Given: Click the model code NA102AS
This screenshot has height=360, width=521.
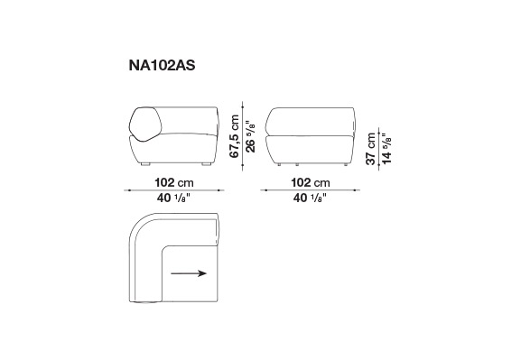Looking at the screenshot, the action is point(162,66).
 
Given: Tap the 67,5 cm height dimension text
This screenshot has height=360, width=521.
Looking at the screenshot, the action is point(235,136).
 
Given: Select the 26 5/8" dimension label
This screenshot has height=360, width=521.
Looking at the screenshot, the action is point(250,137).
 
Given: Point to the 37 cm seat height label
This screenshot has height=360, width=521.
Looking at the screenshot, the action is point(370,149).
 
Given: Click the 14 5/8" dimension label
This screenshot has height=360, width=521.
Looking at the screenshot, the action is point(386,149).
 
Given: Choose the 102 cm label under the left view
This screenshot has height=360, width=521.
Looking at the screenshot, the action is point(174,182).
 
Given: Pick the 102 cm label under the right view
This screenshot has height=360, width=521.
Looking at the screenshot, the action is point(311,182).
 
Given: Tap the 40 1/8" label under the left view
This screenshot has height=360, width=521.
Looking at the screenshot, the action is point(173,198).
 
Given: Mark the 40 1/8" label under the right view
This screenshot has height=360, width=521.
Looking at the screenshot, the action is point(310,198).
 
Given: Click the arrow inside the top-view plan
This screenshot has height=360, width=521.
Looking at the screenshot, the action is point(189,273).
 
